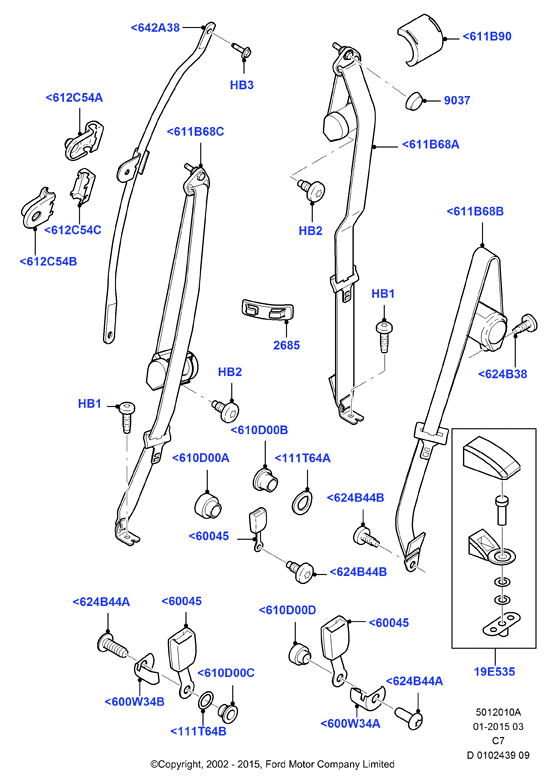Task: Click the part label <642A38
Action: (155, 28)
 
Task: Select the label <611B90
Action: (487, 36)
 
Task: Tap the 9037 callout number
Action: (457, 100)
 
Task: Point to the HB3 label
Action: (242, 84)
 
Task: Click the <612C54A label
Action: (74, 98)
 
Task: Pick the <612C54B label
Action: (48, 261)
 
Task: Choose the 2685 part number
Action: (286, 344)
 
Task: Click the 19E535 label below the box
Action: (494, 671)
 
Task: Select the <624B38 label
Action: (502, 374)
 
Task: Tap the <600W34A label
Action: (350, 723)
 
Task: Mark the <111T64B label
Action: (198, 731)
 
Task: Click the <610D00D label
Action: (288, 610)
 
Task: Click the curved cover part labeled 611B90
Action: (422, 38)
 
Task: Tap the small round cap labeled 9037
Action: (414, 100)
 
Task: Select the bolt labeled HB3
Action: (242, 50)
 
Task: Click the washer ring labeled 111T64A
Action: (302, 502)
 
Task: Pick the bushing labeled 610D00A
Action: (208, 505)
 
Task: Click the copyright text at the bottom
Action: (272, 764)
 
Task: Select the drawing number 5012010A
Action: (498, 712)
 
